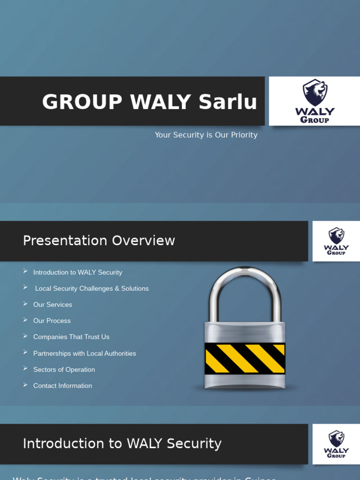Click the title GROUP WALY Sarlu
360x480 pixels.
[150, 102]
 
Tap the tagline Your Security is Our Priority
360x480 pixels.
[206, 135]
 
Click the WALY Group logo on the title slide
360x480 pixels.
[315, 101]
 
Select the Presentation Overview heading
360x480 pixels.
[99, 240]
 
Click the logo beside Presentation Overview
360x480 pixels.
[336, 241]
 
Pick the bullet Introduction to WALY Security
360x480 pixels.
[77, 272]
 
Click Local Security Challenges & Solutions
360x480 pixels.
[92, 289]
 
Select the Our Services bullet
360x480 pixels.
[52, 305]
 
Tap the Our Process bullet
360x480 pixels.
[52, 321]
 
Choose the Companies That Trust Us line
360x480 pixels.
[71, 337]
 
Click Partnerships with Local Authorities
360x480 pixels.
[84, 353]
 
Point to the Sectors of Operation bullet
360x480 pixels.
[64, 370]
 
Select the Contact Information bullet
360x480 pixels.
[62, 386]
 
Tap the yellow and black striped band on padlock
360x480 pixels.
[245, 359]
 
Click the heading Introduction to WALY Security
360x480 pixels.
[122, 443]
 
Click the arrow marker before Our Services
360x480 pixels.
[25, 304]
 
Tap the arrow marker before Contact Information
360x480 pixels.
[25, 385]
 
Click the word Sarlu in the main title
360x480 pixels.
[228, 102]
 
